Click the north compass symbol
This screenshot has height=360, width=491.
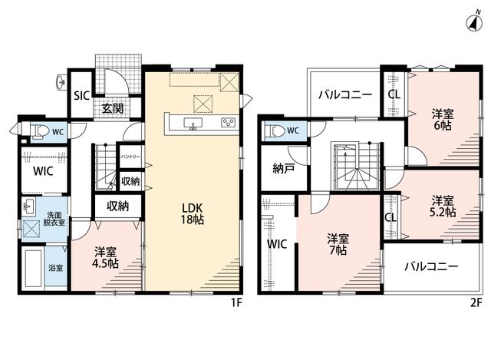pos(474,22)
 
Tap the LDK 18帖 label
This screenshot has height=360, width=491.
pos(192,213)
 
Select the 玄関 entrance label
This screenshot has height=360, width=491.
pos(113,108)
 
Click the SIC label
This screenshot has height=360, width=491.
pos(82,95)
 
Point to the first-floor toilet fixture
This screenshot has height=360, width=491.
pos(39,131)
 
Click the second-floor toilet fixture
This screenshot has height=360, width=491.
pos(274,130)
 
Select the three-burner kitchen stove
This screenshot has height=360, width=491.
pos(228,122)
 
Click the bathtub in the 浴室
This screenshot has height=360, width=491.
pos(33,268)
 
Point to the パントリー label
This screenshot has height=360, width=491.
pos(130,157)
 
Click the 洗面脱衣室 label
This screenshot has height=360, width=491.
pos(54,219)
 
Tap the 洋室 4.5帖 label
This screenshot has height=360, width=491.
pos(105,258)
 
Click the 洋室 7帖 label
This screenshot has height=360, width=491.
pos(338,244)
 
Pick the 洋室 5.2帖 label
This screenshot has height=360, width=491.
pos(443,206)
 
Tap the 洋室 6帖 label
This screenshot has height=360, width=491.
pos(443,120)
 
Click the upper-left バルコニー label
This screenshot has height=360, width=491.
pos(345,94)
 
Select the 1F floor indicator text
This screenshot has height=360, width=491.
pos(237,303)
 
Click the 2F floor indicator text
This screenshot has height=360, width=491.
pos(475,303)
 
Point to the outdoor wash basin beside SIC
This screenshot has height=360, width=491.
pos(61,82)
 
